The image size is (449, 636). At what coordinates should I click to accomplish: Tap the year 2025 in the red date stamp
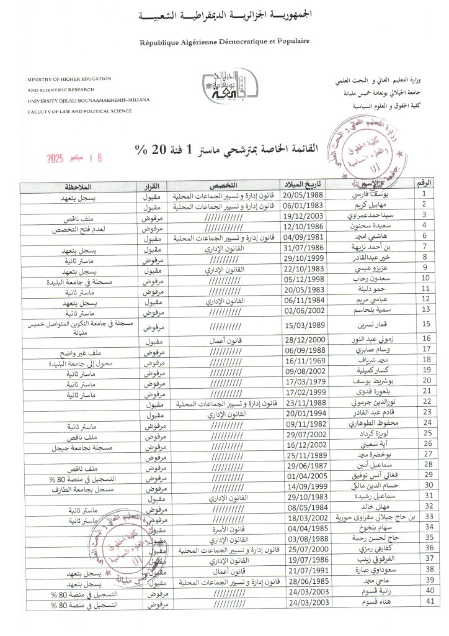pos(60,158)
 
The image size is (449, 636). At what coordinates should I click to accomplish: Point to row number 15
pos(427,325)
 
